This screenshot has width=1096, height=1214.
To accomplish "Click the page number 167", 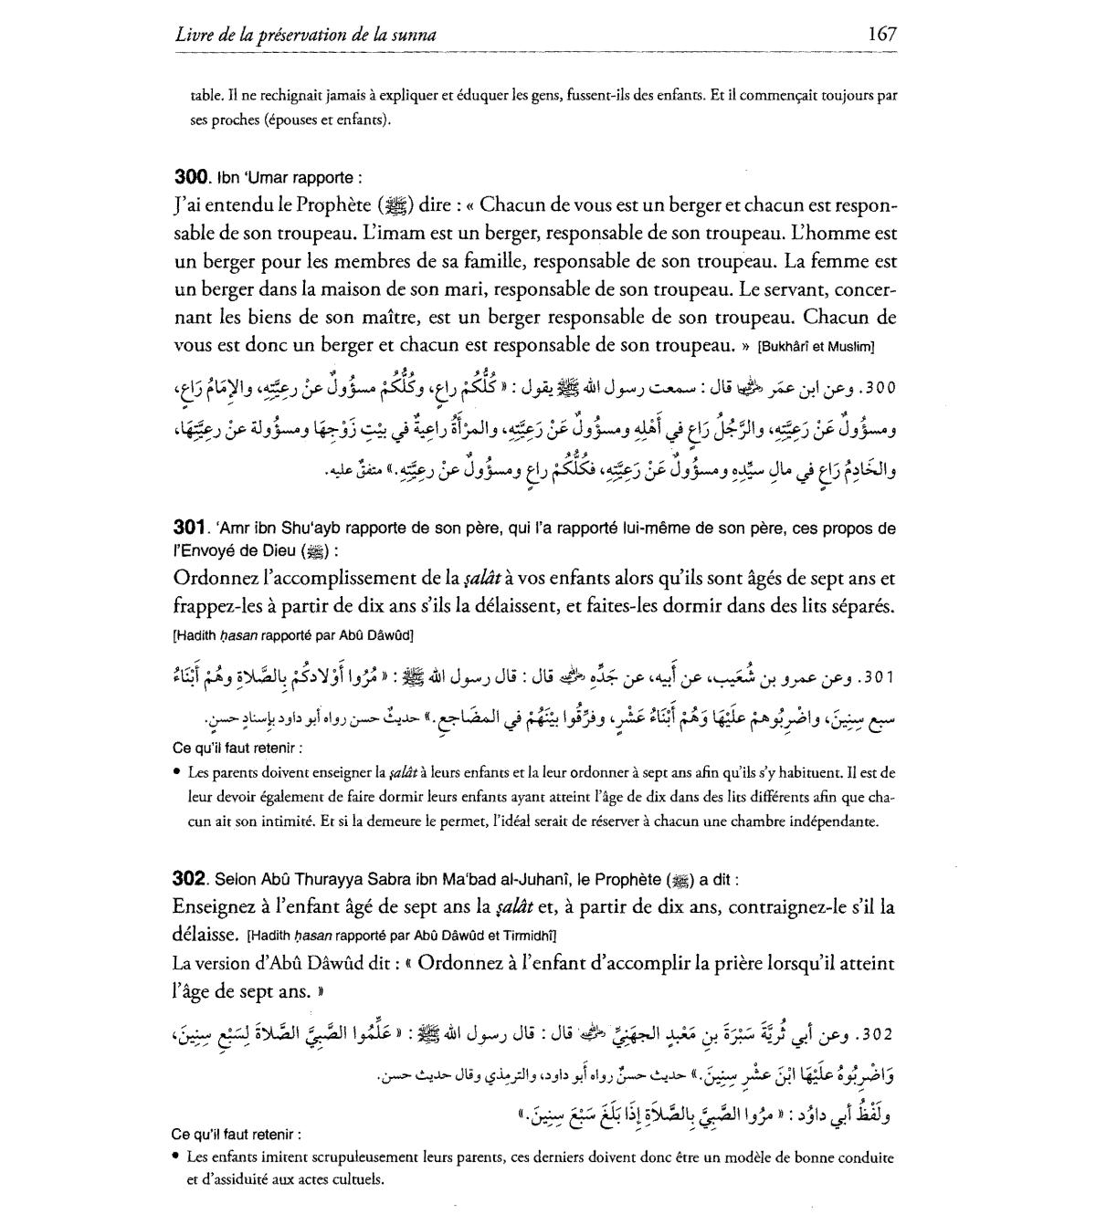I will [x=882, y=35].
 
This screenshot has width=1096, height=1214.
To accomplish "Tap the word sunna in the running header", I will [x=412, y=36].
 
